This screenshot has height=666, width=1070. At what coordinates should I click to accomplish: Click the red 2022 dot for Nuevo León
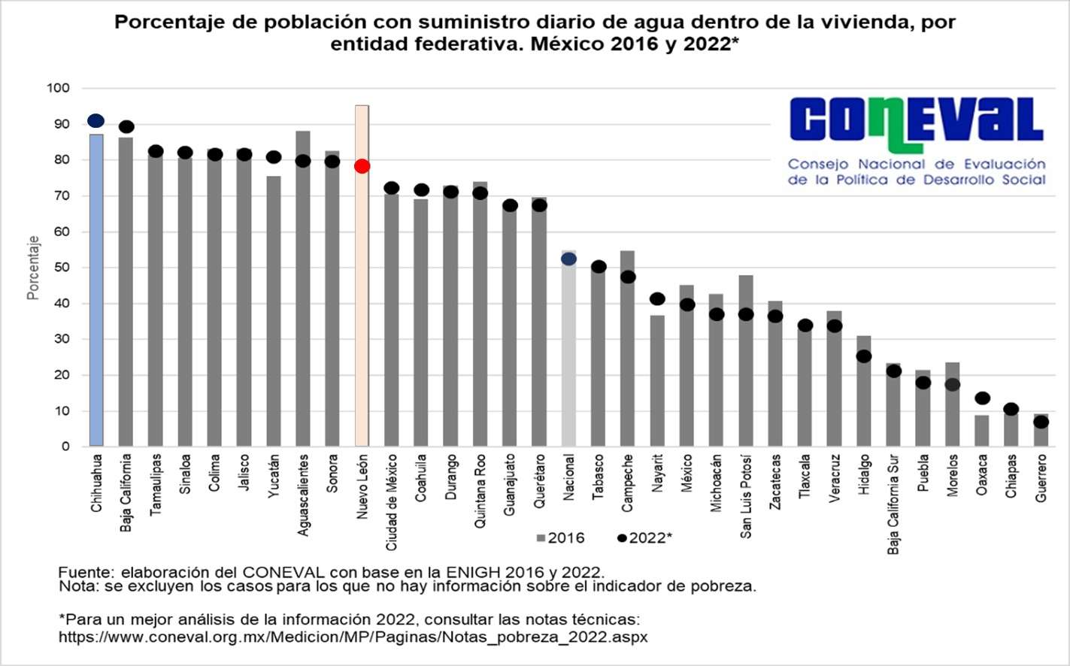pyautogui.click(x=362, y=166)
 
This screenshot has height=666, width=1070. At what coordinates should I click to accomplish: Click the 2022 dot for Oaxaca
pyautogui.click(x=982, y=398)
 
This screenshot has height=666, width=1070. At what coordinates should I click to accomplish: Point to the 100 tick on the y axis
pyautogui.click(x=58, y=88)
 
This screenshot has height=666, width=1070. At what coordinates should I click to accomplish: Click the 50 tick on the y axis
pyautogui.click(x=61, y=268)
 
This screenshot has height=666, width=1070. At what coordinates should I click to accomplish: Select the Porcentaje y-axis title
pyautogui.click(x=33, y=268)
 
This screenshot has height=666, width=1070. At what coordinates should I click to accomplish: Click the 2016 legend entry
pyautogui.click(x=560, y=538)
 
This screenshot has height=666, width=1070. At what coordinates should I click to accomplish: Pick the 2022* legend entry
pyautogui.click(x=644, y=538)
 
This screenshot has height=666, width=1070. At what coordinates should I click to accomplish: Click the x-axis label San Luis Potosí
pyautogui.click(x=746, y=496)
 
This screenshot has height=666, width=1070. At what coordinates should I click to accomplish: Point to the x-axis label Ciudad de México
pyautogui.click(x=392, y=502)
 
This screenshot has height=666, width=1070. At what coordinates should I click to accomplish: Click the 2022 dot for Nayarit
pyautogui.click(x=657, y=299)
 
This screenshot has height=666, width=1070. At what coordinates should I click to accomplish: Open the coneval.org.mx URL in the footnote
pyautogui.click(x=353, y=637)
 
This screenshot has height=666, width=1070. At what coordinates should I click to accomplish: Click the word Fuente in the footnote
pyautogui.click(x=82, y=571)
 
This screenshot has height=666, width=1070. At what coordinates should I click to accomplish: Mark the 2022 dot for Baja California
pyautogui.click(x=126, y=126)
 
